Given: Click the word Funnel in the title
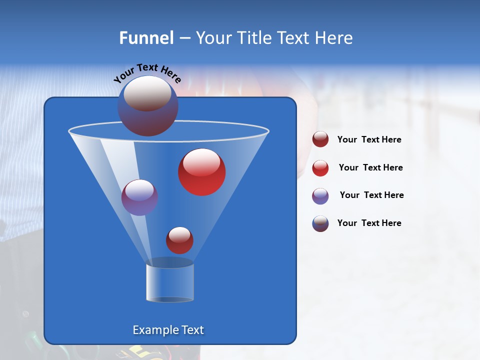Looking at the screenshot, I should coord(146,38).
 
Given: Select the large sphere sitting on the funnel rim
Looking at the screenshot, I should coord(147,105).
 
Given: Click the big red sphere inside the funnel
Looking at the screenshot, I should coord(202,172).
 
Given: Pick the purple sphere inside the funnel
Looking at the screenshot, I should coord(139,197).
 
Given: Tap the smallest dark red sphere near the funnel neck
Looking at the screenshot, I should coord(179,240).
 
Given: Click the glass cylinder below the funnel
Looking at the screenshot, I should coord(170,282).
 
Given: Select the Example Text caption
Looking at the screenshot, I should coord(168,330).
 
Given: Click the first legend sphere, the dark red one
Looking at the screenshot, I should coord(320,139).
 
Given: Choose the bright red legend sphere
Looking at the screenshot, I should coord(320,168).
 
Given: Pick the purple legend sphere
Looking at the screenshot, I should coord(320,196).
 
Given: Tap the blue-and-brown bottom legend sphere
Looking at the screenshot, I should coord(320,223).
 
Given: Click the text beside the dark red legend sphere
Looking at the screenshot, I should coord(369,140).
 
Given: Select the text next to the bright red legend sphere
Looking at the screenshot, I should coord(370,167).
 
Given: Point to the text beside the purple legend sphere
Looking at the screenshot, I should coord(371,195).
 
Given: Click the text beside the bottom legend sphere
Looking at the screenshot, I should coord(369,223).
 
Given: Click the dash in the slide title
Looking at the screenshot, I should coord(184,38).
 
